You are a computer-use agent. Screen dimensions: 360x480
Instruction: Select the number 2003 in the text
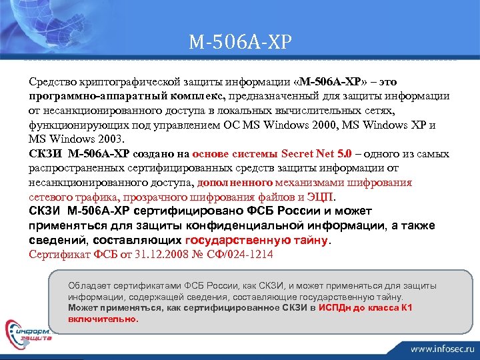point(111,139)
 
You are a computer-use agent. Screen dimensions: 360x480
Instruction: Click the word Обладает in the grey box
point(88,285)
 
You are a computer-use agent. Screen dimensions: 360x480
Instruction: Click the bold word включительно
point(103,319)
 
